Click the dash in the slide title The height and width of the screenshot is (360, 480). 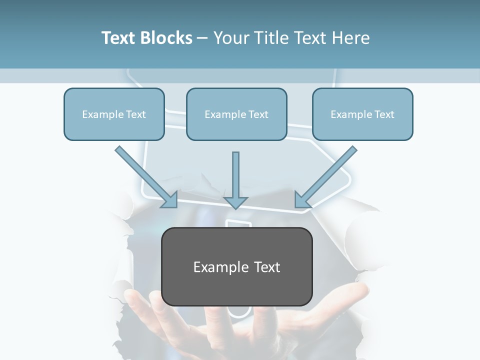202,38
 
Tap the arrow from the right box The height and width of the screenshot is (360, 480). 327,175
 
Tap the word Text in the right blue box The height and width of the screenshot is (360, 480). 384,114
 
